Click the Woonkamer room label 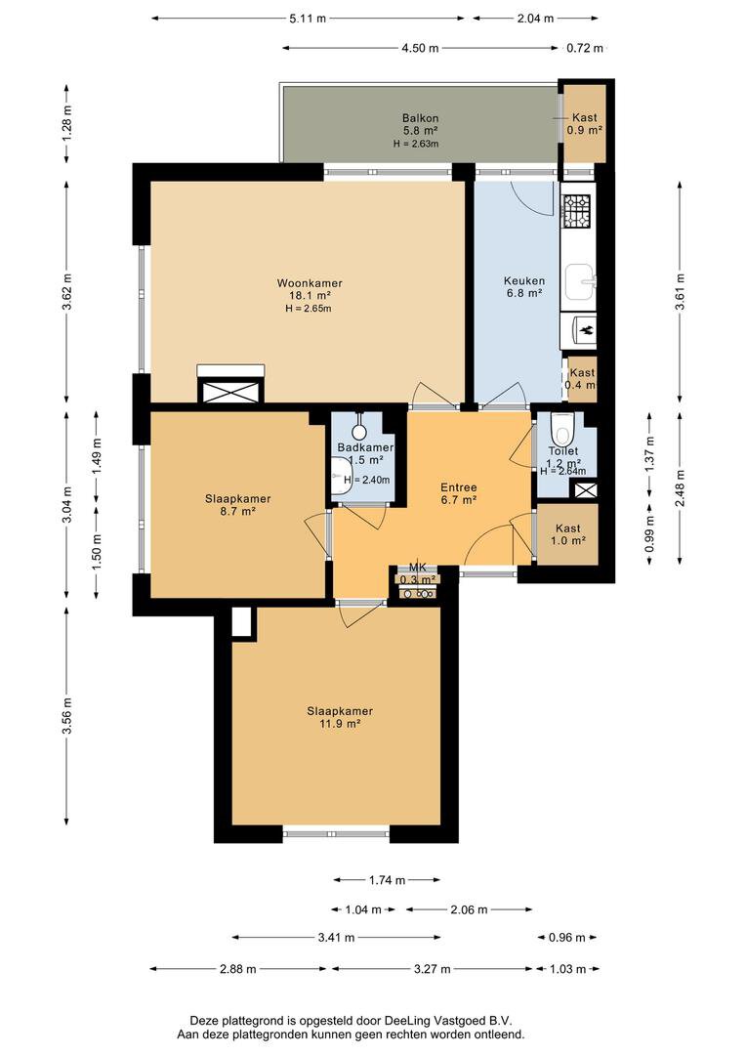309,283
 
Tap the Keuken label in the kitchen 524,280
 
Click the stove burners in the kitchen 577,207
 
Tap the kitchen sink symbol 579,282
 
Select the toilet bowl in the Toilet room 561,430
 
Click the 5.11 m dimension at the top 307,19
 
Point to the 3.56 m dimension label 67,702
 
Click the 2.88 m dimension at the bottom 236,969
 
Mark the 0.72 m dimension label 585,47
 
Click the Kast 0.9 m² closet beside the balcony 585,123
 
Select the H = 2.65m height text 309,309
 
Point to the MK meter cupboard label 418,568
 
